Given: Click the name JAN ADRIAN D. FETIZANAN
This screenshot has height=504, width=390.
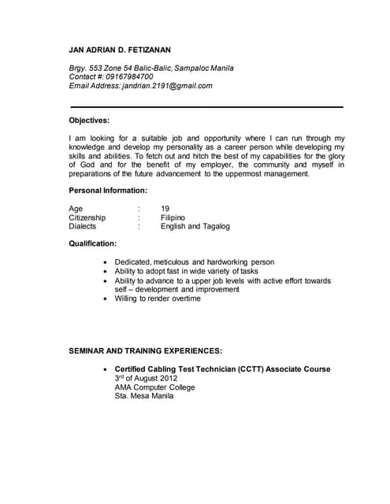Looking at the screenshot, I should pos(120,50).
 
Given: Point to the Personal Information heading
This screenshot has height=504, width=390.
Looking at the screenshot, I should pos(108,191).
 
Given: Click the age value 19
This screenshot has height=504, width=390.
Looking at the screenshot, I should pos(165,209).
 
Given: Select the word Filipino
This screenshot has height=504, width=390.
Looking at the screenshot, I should pos(173,217).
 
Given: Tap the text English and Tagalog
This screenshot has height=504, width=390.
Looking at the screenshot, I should pos(195,227).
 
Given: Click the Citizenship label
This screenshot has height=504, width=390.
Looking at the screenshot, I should pos(87,217).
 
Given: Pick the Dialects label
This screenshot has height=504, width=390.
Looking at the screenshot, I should pos(83,227).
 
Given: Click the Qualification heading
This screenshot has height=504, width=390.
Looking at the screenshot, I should pos(93,244).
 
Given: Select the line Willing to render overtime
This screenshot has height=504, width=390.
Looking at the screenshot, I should pos(158,299).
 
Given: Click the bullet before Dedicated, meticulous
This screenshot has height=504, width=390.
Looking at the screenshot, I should pos(106,262).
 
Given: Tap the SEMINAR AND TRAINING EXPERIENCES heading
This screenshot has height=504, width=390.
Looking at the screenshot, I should pos(146,350).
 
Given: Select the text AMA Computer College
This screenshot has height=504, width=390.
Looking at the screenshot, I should pos(154,387).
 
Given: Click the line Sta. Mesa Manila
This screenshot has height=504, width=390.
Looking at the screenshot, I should pos(143,397).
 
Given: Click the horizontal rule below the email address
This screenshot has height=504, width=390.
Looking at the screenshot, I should pos(206,106).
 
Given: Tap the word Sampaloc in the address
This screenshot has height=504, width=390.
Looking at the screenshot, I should pos(201,69).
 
